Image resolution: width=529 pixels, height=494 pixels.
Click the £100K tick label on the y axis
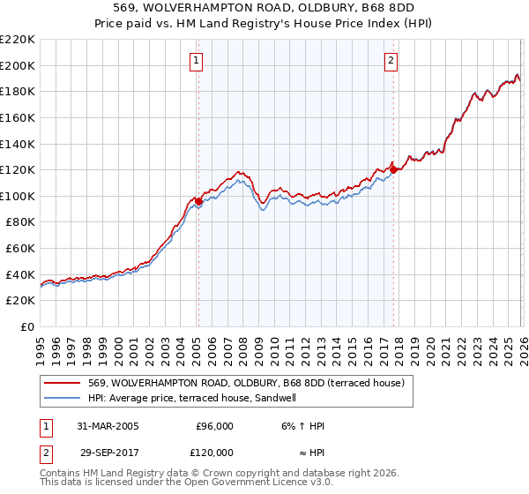(x=18, y=196)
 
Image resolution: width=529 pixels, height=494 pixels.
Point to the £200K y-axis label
(x=18, y=65)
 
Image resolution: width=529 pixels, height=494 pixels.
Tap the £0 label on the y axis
(x=28, y=326)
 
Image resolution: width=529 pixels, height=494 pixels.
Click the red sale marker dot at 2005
(x=199, y=201)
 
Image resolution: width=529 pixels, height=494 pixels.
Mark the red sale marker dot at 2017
(x=393, y=169)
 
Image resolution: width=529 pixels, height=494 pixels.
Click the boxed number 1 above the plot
(x=196, y=61)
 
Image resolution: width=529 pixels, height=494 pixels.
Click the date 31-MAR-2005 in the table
(x=104, y=426)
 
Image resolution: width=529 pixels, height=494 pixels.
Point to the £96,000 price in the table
(x=214, y=426)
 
